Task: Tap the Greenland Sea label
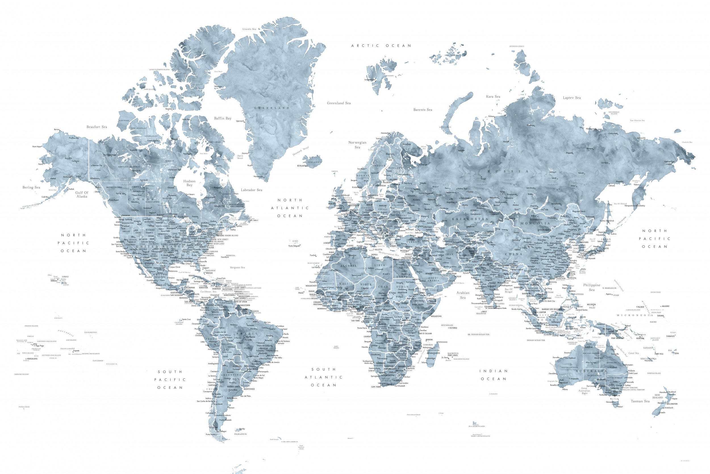(x=339, y=103)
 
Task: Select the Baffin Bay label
(x=222, y=118)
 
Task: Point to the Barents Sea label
(x=423, y=110)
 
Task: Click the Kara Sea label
(x=493, y=97)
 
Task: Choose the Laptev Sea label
(x=572, y=98)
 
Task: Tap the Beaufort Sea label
(x=97, y=127)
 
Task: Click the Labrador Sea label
(x=251, y=190)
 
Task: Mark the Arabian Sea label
(x=463, y=295)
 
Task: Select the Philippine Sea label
(x=592, y=287)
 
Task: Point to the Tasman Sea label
(x=640, y=401)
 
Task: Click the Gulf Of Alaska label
(x=82, y=194)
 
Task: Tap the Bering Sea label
(x=31, y=187)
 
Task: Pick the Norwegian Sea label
(x=358, y=144)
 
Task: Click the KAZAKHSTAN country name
(x=470, y=219)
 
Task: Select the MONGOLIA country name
(x=535, y=223)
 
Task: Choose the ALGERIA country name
(x=349, y=266)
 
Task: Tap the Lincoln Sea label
(x=249, y=29)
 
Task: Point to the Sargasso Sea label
(x=237, y=267)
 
